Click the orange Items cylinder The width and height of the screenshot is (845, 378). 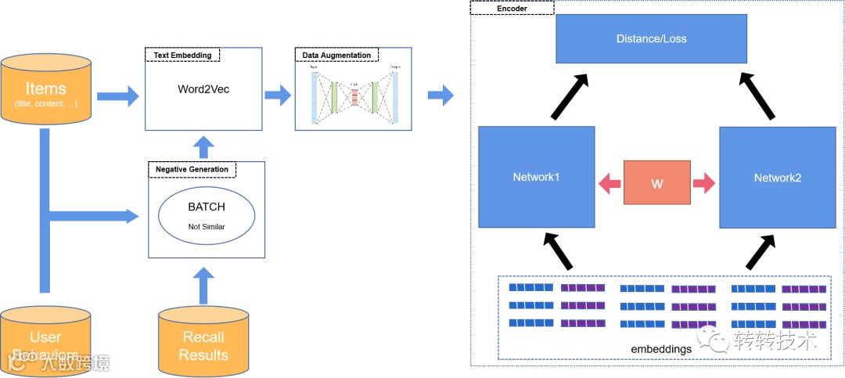46,89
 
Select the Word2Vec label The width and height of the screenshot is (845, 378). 203,89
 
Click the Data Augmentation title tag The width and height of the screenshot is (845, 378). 337,56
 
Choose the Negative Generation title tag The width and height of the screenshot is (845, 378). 192,169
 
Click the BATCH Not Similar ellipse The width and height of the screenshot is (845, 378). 207,216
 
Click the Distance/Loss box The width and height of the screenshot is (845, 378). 650,38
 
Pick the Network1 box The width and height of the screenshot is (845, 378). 536,178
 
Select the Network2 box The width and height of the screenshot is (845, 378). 777,178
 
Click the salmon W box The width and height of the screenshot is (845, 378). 657,182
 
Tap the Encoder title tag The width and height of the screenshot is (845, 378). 512,8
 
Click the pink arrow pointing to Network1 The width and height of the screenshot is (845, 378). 609,184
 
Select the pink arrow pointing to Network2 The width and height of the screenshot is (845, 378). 704,184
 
